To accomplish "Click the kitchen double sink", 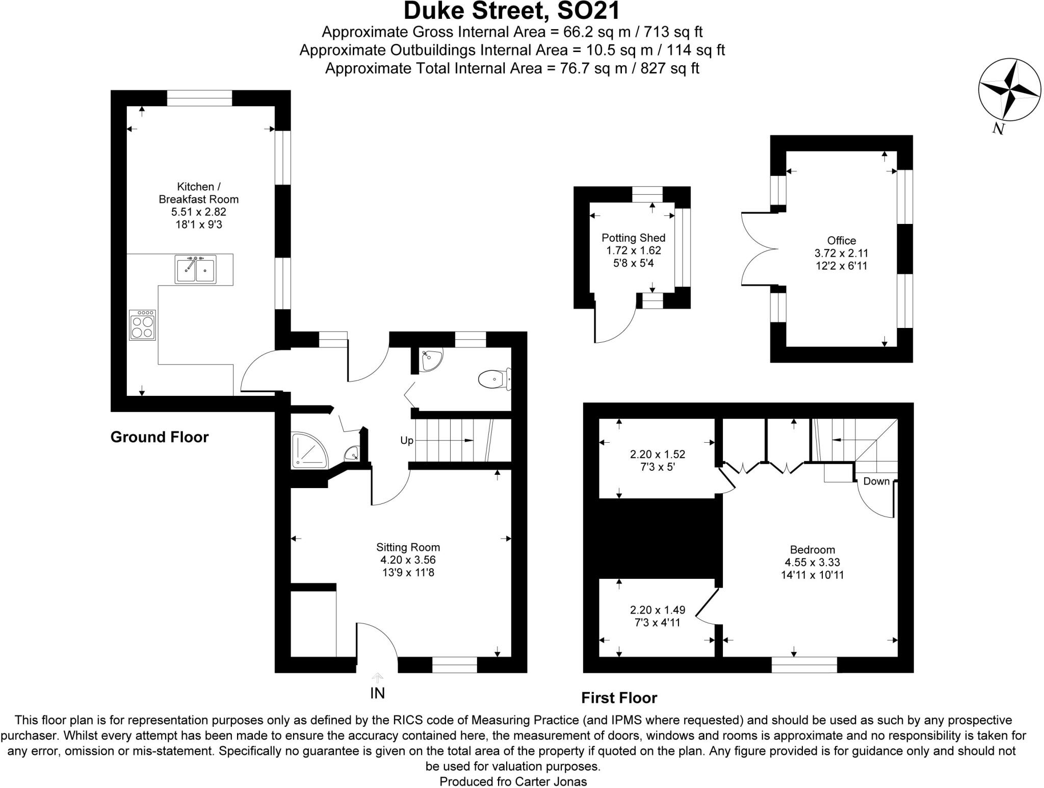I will [x=195, y=269].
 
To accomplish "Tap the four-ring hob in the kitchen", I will [x=142, y=325].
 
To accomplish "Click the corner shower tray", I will [x=308, y=451].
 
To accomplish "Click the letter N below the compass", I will [x=998, y=129].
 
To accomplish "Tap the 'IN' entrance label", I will [x=377, y=693].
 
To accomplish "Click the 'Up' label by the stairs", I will [x=406, y=441].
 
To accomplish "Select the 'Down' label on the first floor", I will [x=876, y=481].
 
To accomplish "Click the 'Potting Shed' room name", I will [x=633, y=238].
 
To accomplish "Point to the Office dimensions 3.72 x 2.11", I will [x=841, y=253].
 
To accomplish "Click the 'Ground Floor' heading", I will [x=160, y=437].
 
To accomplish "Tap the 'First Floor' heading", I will [x=619, y=698].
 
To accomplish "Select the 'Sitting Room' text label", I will [x=408, y=547].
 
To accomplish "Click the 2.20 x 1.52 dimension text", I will [x=658, y=454].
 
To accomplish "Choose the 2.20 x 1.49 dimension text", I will [x=658, y=610].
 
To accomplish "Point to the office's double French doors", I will [x=760, y=249].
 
